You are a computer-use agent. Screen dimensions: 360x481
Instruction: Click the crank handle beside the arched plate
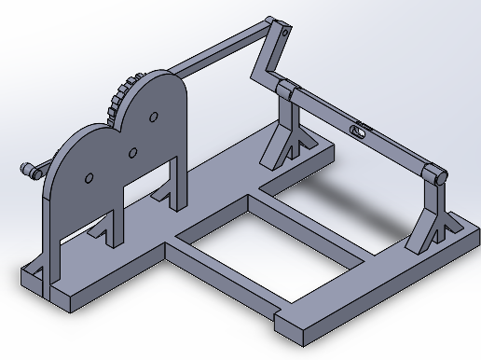pyautogui.click(x=31, y=171)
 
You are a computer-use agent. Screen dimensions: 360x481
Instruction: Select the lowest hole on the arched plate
pyautogui.click(x=89, y=177)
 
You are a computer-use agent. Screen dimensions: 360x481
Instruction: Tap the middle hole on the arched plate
pyautogui.click(x=132, y=151)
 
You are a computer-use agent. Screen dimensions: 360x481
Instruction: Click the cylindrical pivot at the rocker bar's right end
pyautogui.click(x=433, y=173)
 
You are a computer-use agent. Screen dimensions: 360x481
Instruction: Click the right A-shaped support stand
pyautogui.click(x=432, y=219)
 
